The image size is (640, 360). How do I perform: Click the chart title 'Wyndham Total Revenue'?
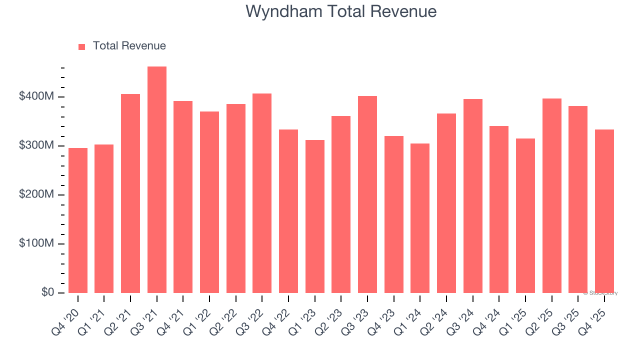click(x=341, y=11)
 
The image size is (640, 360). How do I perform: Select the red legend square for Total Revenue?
click(x=82, y=46)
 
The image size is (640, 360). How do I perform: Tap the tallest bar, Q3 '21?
click(x=157, y=180)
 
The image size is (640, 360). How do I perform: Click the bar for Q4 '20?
click(x=78, y=220)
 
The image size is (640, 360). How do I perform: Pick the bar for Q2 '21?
click(x=130, y=193)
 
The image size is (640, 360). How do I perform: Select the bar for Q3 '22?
click(x=262, y=193)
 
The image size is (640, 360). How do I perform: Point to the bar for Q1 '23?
click(x=315, y=216)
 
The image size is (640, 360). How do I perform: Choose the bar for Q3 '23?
click(x=367, y=194)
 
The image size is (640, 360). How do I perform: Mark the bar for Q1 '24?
click(x=420, y=218)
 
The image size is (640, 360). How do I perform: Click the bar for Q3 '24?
click(x=473, y=196)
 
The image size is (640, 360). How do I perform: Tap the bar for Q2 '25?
click(x=552, y=195)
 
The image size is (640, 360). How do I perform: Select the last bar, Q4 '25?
click(x=604, y=211)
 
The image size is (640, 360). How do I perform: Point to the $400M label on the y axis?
click(x=36, y=96)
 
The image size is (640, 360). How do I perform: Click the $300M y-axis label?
click(x=36, y=145)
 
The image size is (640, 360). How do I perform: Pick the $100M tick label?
click(x=36, y=243)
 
